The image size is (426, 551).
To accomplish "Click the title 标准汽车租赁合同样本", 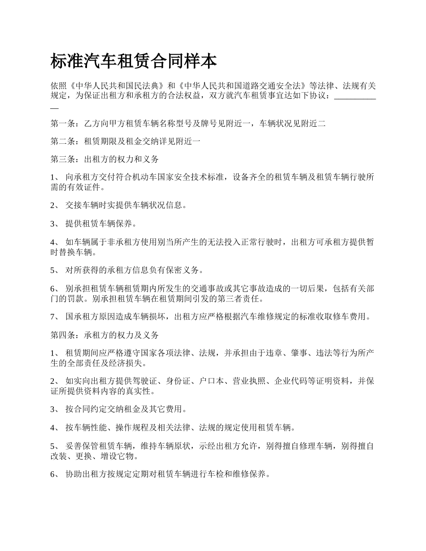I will [x=134, y=61].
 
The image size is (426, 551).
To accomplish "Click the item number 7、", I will [x=55, y=317].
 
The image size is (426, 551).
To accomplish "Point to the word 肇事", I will [x=298, y=353].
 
